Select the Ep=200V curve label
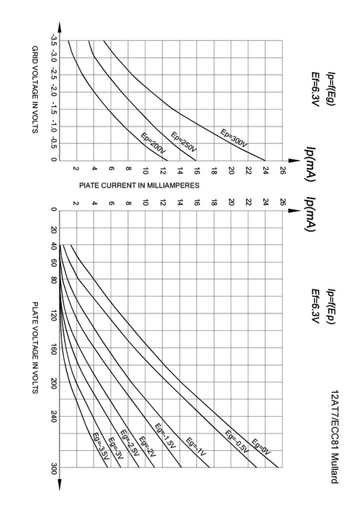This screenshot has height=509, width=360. pyautogui.click(x=154, y=143)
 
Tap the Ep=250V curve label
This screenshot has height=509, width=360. pyautogui.click(x=184, y=143)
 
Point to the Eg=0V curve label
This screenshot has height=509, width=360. pyautogui.click(x=261, y=447)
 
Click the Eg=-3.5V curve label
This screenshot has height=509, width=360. pyautogui.click(x=101, y=446)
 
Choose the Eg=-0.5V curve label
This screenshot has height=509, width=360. pyautogui.click(x=237, y=441)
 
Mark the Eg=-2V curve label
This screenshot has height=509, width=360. pyautogui.click(x=148, y=447)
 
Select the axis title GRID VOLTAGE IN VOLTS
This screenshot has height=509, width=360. pyautogui.click(x=35, y=89)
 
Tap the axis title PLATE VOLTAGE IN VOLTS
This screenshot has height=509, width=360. pyautogui.click(x=35, y=348)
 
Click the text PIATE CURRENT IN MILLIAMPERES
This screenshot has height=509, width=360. pyautogui.click(x=139, y=185)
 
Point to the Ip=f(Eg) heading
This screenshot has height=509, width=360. pyautogui.click(x=331, y=89)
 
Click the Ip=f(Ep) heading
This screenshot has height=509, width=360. pyautogui.click(x=331, y=306)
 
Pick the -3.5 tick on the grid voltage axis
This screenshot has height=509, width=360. pyautogui.click(x=54, y=40)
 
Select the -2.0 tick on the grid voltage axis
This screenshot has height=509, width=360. pyautogui.click(x=54, y=92)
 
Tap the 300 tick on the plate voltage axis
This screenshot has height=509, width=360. pyautogui.click(x=54, y=468)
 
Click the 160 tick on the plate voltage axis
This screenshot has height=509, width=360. pyautogui.click(x=54, y=349)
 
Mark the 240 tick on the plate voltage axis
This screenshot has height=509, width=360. pyautogui.click(x=54, y=417)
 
